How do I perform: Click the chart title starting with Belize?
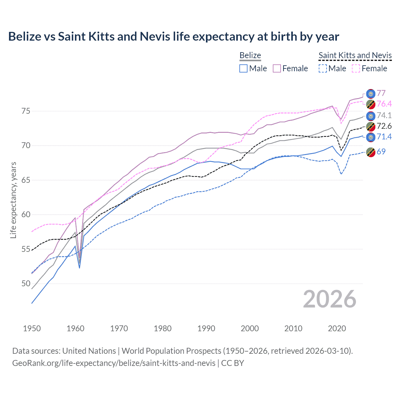173,37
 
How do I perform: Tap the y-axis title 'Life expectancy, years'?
13,200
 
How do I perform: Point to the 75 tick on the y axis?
26,111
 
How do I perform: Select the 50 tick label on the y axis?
26,284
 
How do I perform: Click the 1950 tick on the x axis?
32,328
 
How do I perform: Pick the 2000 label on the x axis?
250,328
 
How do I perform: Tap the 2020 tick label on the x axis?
337,328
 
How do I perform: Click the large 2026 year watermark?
330,299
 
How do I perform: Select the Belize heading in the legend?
250,55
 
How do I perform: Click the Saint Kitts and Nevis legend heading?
355,55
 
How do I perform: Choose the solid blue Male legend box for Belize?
243,68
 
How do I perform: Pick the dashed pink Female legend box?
356,68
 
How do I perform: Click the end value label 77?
381,93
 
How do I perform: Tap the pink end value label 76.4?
384,104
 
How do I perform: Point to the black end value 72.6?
384,126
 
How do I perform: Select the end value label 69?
381,152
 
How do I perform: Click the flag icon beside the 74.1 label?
370,116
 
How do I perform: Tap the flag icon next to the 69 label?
370,152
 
